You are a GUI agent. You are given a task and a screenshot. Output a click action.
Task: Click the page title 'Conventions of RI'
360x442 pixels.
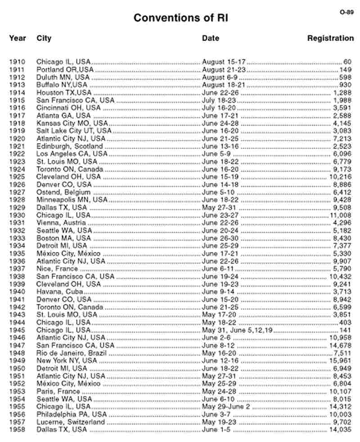[x=181, y=18]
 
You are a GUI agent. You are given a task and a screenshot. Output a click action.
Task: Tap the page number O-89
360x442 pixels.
[x=346, y=12]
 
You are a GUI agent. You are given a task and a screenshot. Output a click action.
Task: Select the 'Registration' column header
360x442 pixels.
[x=330, y=38]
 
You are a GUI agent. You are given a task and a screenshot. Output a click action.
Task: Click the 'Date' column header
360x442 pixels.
[x=211, y=38]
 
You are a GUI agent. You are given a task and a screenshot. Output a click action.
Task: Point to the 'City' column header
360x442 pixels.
[x=44, y=38]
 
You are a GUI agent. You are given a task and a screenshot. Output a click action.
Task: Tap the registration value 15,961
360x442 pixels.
[x=340, y=361]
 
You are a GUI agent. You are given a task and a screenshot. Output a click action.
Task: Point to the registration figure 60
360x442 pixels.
[x=347, y=62]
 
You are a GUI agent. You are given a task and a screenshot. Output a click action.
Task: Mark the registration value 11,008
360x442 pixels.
[x=340, y=215]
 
